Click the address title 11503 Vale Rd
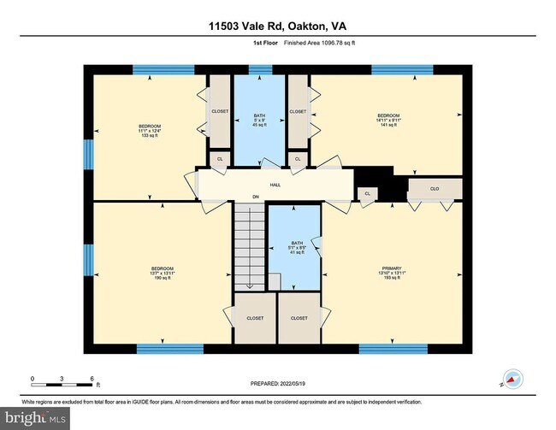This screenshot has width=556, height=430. coord(278,27)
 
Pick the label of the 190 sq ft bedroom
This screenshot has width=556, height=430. coord(163,273)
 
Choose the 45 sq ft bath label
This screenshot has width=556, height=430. coord(260,120)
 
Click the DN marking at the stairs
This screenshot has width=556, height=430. coord(255,197)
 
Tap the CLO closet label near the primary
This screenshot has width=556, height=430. coord(435,187)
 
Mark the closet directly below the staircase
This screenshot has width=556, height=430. coord(255,318)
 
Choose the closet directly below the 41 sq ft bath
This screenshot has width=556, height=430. coord(299,318)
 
